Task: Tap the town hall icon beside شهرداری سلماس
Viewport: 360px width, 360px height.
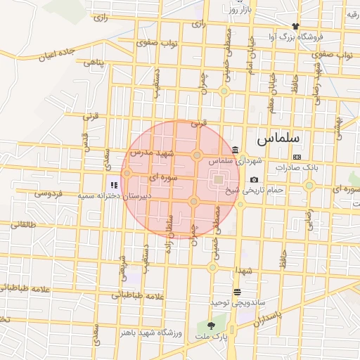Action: pyautogui.click(x=234, y=149)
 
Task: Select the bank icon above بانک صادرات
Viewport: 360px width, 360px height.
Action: pyautogui.click(x=297, y=157)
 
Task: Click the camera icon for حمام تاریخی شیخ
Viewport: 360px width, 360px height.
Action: pyautogui.click(x=254, y=180)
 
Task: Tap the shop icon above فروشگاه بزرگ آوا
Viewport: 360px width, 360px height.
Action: pyautogui.click(x=296, y=25)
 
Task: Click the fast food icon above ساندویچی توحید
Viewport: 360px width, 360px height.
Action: pyautogui.click(x=237, y=290)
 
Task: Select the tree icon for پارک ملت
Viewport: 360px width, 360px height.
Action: pyautogui.click(x=212, y=324)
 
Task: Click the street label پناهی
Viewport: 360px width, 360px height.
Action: pyautogui.click(x=94, y=63)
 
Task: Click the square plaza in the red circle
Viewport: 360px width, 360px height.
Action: pyautogui.click(x=218, y=179)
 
